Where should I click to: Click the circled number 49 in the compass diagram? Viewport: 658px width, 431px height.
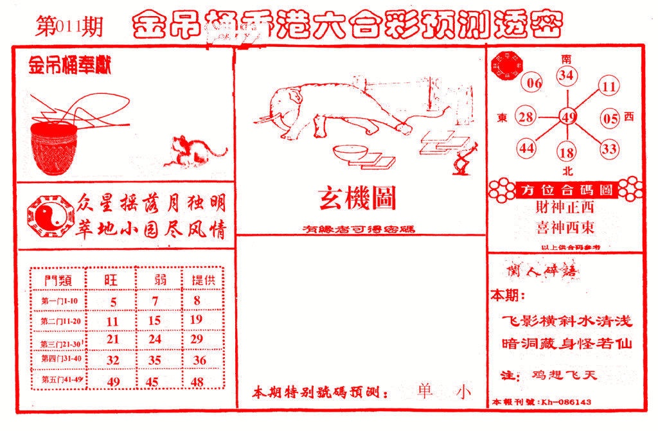(x=567, y=117)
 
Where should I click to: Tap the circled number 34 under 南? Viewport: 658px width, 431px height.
(x=566, y=76)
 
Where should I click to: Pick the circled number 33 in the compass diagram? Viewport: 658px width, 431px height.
(x=609, y=149)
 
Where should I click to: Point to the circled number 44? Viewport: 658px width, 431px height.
(x=528, y=148)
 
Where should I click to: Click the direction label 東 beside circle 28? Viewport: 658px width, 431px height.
(x=502, y=118)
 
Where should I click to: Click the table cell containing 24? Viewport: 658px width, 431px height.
(x=154, y=339)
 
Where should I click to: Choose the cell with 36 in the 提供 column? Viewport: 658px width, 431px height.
(x=199, y=360)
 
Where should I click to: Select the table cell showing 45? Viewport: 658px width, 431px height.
(x=154, y=382)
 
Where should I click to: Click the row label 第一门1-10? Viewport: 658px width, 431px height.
(x=58, y=300)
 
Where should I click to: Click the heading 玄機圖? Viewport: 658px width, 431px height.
(x=357, y=199)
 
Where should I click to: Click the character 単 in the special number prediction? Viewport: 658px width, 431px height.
(x=424, y=392)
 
